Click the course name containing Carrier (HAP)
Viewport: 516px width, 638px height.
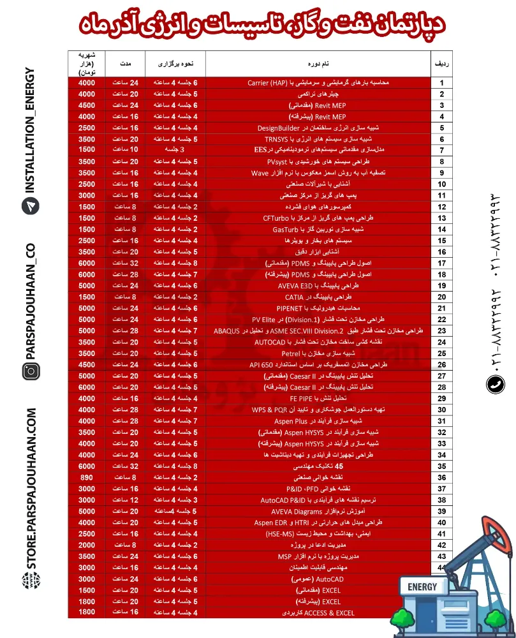click(317, 83)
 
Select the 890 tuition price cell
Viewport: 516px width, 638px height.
click(87, 477)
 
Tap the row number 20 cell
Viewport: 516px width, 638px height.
click(441, 297)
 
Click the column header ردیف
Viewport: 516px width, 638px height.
click(441, 64)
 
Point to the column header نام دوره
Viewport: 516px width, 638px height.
click(317, 64)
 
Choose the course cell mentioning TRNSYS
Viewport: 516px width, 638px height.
click(317, 138)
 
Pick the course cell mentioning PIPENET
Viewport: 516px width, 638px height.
click(317, 308)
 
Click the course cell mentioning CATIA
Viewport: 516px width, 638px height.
click(317, 297)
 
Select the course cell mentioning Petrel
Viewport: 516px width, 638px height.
click(317, 353)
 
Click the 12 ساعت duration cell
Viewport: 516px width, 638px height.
click(125, 500)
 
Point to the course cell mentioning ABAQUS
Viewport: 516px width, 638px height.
click(317, 330)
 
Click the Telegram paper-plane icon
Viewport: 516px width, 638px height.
click(30, 206)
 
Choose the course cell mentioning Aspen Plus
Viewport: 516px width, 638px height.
click(317, 420)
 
